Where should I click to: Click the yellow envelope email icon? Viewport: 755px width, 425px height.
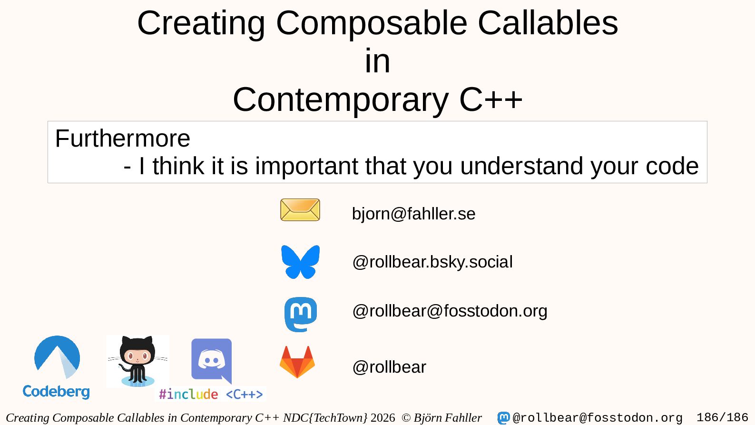coord(300,209)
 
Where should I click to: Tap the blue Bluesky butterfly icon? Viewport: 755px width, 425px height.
coord(300,262)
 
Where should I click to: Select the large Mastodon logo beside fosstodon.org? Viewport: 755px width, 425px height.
coord(301,315)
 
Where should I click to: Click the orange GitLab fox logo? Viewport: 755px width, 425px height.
coord(297,362)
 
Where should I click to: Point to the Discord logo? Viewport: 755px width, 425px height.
coord(211,361)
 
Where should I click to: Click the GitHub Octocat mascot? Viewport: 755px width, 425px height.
coord(137,361)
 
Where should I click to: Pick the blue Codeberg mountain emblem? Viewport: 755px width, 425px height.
coord(57,357)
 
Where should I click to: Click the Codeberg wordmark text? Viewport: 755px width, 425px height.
coord(56,392)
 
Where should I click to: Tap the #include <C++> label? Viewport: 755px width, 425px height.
coord(211,394)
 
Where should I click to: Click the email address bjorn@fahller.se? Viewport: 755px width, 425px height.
coord(413,214)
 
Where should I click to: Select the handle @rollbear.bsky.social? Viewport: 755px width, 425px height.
coord(432,262)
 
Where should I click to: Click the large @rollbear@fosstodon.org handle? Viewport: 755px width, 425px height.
coord(450,311)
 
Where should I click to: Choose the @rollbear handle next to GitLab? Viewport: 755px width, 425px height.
coord(389,366)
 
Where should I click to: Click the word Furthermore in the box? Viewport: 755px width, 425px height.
coord(123,138)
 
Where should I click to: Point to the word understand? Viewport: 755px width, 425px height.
coord(521,166)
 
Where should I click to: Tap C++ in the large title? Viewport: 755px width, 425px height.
coord(491,99)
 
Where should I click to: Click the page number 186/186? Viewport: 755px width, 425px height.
coord(722,417)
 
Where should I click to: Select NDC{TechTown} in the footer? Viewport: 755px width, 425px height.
coord(325,417)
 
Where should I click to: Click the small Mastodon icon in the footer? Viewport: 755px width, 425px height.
coord(503,418)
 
